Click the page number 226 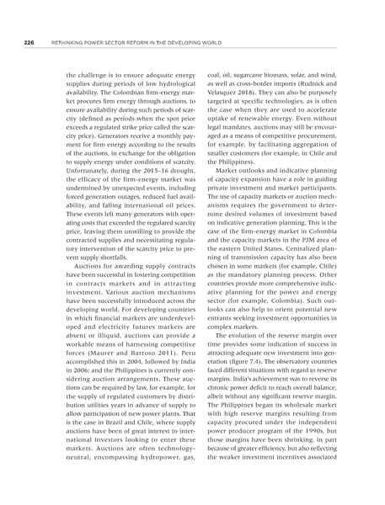click(28, 24)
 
